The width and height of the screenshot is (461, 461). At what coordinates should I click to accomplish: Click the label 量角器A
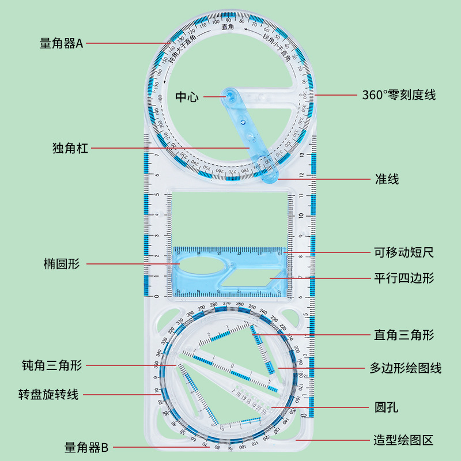click(x=62, y=43)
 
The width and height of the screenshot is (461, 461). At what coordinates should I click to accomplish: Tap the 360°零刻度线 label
click(x=399, y=95)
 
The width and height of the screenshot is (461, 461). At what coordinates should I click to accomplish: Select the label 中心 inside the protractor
click(x=187, y=97)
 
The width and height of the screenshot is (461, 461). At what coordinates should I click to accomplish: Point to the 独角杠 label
click(x=70, y=149)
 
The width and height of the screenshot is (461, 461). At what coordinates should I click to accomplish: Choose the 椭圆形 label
click(x=62, y=264)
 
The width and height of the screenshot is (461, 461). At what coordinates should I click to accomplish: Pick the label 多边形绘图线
click(x=406, y=368)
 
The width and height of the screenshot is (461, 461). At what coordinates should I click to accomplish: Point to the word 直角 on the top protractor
click(x=228, y=26)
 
